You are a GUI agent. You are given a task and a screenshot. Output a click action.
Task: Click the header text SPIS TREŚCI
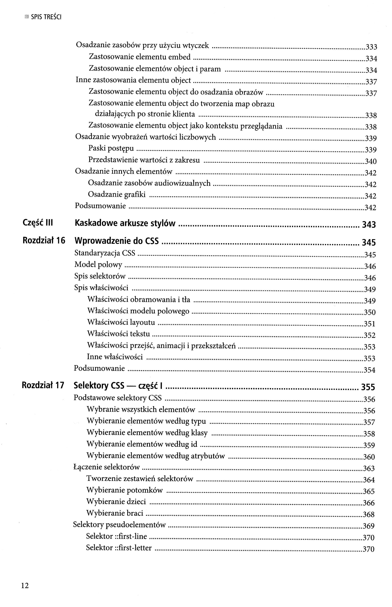point(46,17)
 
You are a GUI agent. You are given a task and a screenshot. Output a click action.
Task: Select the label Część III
point(38,223)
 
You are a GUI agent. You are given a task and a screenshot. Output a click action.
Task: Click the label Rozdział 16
point(44,240)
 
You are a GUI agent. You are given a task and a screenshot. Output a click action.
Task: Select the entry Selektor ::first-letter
point(119,548)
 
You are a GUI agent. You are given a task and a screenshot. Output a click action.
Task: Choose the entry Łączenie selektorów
point(107,467)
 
